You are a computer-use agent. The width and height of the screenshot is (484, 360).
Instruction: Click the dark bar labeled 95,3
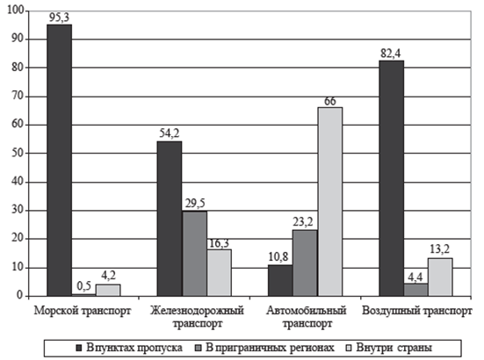(x=59, y=161)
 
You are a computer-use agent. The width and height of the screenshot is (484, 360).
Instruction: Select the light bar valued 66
(x=330, y=202)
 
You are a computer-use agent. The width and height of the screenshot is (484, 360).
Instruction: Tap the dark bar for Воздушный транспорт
(x=392, y=178)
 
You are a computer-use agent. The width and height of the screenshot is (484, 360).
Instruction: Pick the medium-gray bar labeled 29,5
(x=194, y=254)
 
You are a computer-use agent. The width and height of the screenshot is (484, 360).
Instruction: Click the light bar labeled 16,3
(x=219, y=273)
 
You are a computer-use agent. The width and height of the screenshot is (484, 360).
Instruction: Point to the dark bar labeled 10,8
(x=280, y=280)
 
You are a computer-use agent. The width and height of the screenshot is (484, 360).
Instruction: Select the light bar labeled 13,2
(x=440, y=277)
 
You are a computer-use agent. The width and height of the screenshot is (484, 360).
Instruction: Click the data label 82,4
(x=391, y=54)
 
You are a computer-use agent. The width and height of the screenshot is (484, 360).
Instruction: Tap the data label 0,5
(x=84, y=286)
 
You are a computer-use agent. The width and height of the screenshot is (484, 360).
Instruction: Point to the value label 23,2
(x=303, y=222)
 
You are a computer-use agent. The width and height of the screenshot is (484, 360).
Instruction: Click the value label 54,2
(x=170, y=133)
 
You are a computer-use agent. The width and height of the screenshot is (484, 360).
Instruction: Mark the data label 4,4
(x=415, y=277)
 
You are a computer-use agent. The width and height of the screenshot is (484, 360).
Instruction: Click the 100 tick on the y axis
(x=16, y=11)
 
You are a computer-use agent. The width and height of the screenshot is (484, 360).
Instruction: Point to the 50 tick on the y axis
(x=18, y=154)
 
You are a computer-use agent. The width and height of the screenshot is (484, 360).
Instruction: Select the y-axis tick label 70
(x=18, y=97)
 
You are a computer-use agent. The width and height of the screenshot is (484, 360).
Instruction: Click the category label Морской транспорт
(x=83, y=311)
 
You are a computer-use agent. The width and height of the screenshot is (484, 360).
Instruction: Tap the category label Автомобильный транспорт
(x=307, y=317)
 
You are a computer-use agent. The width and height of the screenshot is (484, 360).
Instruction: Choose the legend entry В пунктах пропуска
(x=130, y=348)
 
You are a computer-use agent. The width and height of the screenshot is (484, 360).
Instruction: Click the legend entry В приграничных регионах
(x=265, y=348)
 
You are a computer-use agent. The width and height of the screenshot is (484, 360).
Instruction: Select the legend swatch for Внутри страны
(x=349, y=348)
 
